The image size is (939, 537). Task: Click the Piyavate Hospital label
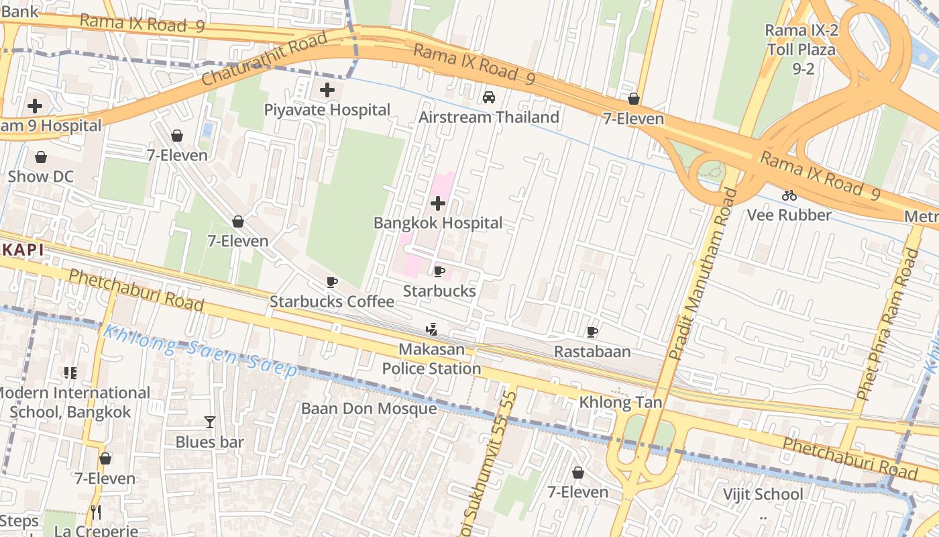327,110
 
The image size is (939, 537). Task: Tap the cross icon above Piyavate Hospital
327,90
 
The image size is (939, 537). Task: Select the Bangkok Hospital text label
437,223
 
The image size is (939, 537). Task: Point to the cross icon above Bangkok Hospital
438,203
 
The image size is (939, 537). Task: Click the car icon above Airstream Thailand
489,97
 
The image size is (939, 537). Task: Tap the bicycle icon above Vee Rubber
789,195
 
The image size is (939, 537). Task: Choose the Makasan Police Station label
432,359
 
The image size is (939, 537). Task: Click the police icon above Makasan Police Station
432,330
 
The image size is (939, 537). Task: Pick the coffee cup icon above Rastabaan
592,332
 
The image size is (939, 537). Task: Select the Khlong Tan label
620,403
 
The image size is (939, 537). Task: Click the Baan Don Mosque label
369,409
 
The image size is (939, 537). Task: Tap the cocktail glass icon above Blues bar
210,422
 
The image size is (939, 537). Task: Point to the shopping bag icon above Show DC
41,157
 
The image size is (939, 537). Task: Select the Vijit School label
763,495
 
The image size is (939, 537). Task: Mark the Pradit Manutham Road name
702,273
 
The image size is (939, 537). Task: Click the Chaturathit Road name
264,58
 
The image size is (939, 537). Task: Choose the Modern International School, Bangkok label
72,402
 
